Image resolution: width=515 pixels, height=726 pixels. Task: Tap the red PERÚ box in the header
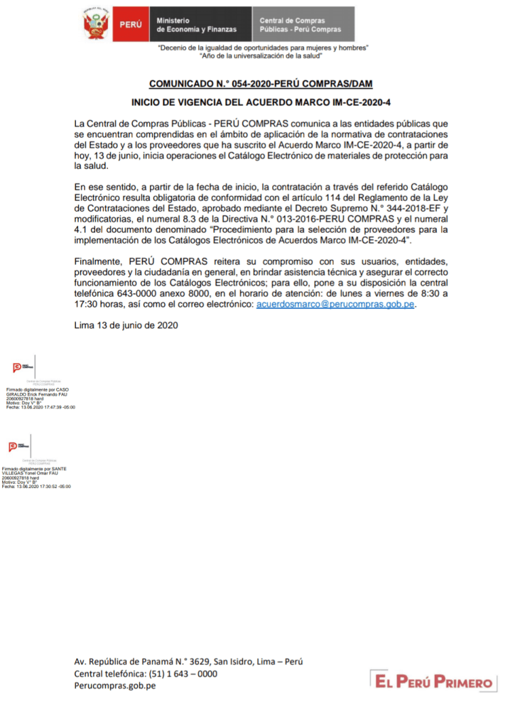point(130,25)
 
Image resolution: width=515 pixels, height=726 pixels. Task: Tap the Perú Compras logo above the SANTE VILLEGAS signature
point(19,447)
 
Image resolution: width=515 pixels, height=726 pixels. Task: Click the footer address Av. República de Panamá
point(188,661)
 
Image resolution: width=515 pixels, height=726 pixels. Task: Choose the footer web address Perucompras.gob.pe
point(115,686)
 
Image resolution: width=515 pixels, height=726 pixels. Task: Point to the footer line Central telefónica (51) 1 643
point(146,673)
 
